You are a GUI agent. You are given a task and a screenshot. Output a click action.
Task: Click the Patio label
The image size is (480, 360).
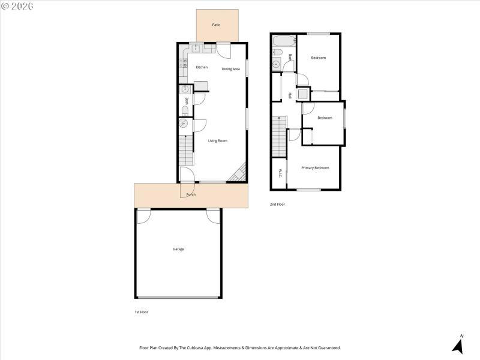coord(216,25)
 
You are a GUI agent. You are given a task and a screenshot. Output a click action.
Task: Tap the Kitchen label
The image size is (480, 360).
coord(202,67)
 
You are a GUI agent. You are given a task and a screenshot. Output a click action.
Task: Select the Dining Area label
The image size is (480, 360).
coord(231,69)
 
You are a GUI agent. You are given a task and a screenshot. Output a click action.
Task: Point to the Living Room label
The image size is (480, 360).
coord(218,141)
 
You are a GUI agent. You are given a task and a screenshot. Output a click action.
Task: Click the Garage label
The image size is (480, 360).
coord(178,249)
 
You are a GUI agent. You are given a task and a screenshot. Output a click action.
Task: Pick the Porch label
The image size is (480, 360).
coord(191,194)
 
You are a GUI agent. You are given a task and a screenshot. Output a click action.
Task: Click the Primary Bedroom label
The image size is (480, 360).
coord(315,168)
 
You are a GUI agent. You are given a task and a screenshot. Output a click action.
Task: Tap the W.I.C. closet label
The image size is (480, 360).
coord(280,173)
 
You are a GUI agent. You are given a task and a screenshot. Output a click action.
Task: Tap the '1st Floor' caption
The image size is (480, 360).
coord(142,313)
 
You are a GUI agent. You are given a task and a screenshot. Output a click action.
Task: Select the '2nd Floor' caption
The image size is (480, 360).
coord(277,205)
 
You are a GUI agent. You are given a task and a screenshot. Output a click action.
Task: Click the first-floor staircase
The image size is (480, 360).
coord(186,150)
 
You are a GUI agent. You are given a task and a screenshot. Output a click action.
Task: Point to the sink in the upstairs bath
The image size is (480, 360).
coord(277,64)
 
